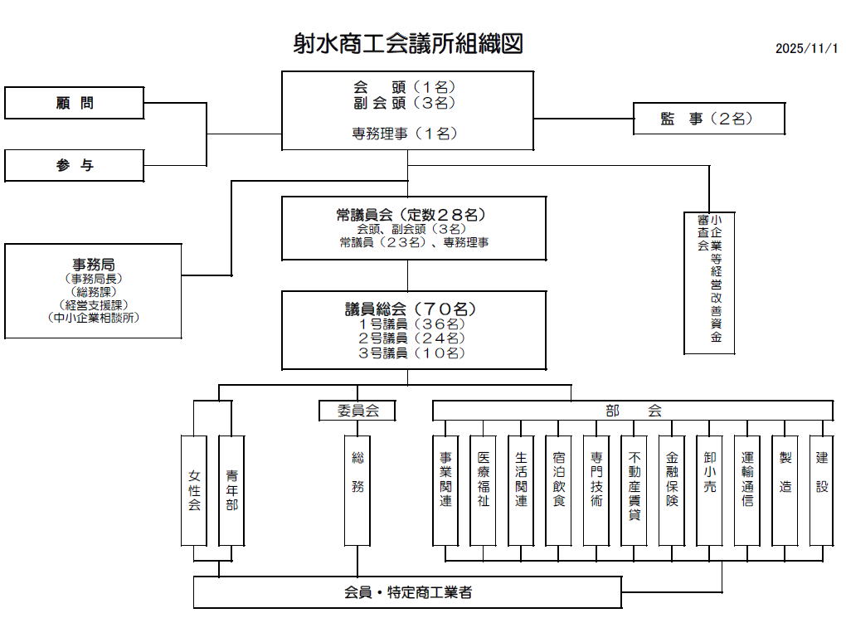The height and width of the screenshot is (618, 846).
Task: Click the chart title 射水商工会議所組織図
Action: click(x=407, y=43)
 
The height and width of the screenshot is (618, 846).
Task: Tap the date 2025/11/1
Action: click(x=807, y=48)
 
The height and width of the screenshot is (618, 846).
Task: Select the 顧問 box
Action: click(x=75, y=104)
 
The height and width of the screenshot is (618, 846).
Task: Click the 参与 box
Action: click(x=75, y=165)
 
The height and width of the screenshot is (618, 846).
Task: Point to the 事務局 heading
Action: click(x=93, y=265)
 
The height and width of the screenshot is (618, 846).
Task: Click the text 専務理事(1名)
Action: click(x=406, y=133)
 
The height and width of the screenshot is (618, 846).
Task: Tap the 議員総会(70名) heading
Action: click(x=411, y=309)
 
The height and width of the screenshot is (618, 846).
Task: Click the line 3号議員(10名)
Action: click(x=411, y=353)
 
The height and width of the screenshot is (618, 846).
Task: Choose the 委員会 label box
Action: click(x=356, y=411)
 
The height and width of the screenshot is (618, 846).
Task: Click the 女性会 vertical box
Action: click(x=194, y=490)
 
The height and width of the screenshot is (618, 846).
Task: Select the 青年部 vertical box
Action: click(x=231, y=490)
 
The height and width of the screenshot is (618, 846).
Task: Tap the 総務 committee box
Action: click(x=357, y=490)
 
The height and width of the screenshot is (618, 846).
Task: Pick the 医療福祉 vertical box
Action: click(x=483, y=490)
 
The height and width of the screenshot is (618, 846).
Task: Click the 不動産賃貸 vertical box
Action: click(x=634, y=490)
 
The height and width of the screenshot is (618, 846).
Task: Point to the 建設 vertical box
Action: click(x=822, y=490)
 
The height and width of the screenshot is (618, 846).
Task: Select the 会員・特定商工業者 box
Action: click(x=408, y=592)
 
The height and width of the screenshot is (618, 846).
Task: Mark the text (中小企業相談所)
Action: click(x=93, y=317)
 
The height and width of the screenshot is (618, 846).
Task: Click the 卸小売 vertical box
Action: click(x=709, y=490)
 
